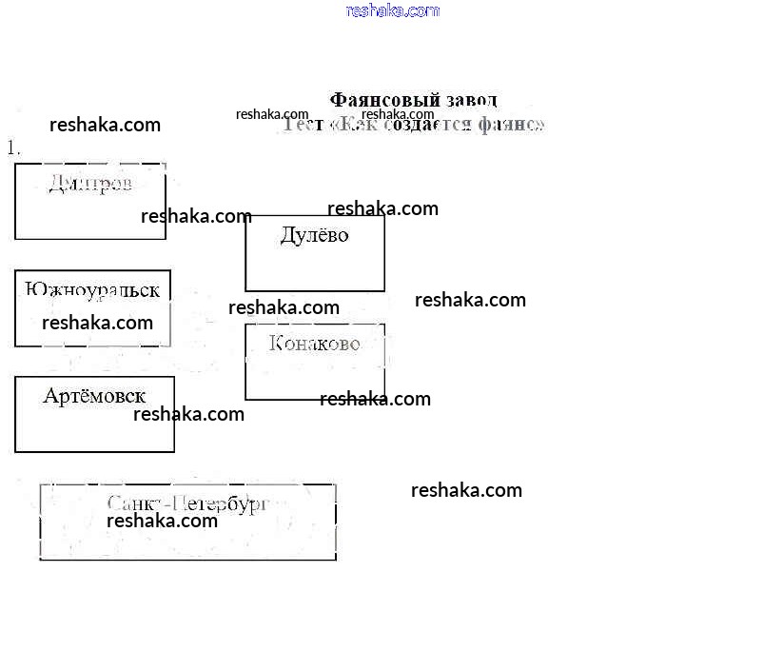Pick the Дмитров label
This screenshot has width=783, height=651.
tap(89, 183)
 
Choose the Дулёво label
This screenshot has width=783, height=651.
tap(314, 235)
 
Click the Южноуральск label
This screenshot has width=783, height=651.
tap(92, 290)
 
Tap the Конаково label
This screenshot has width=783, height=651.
tap(314, 343)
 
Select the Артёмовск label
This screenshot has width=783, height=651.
tap(94, 396)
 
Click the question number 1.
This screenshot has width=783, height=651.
tap(13, 148)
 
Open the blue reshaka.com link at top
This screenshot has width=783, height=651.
tap(393, 10)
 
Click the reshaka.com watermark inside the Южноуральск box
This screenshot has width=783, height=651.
tap(97, 323)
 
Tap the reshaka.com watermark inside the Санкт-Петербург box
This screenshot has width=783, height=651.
tap(162, 521)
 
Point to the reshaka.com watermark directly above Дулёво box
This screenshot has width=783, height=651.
tap(382, 208)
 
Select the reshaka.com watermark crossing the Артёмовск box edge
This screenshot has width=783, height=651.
tap(188, 414)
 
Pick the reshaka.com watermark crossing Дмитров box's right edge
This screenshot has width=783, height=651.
tap(196, 216)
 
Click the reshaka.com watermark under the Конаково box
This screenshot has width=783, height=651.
tap(375, 399)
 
